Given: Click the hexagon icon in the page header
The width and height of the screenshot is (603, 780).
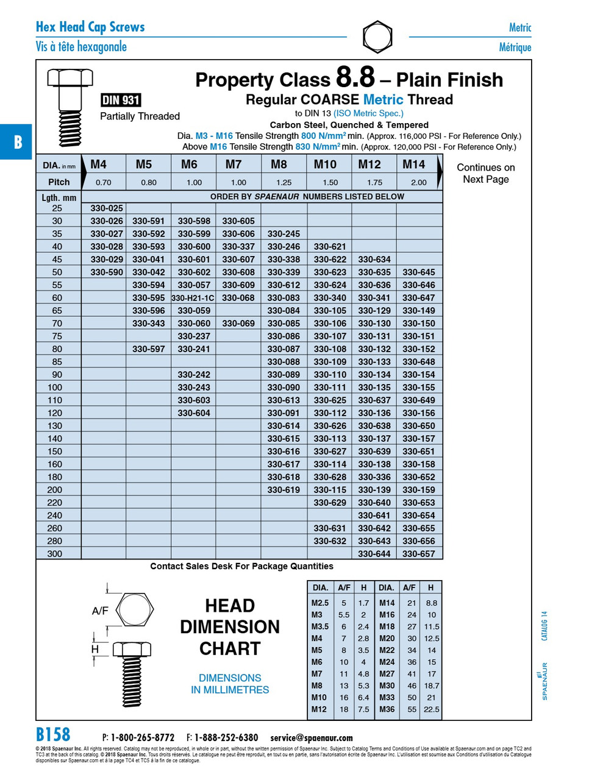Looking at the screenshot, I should [x=377, y=37].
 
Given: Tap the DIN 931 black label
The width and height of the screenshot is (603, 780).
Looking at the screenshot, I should [x=121, y=101].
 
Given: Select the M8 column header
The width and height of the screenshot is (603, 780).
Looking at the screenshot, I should [x=279, y=165].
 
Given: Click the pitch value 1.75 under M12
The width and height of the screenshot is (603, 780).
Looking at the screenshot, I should [x=374, y=182].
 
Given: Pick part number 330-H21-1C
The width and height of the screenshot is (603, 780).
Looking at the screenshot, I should [x=193, y=298].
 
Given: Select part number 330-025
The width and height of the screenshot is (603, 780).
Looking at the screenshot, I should [x=107, y=208].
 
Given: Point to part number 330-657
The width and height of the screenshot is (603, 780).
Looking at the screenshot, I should [x=419, y=554].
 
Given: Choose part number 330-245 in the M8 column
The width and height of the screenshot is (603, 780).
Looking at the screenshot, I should [x=284, y=234].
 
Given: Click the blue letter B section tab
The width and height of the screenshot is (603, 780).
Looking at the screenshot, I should [x=17, y=142].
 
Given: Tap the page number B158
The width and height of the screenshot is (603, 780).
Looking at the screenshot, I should [x=53, y=735].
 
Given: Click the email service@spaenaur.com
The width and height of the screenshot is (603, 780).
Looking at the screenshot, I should [x=311, y=738].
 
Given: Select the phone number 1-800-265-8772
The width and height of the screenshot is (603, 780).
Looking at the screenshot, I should [x=142, y=738].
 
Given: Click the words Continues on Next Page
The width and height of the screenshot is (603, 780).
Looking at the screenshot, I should [x=485, y=173].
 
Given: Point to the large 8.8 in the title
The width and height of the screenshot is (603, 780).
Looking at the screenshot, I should [x=355, y=78].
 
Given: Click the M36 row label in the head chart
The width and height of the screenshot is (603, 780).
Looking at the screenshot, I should [x=387, y=709].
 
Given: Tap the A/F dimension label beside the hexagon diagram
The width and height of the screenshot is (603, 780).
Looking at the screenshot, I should [x=100, y=611].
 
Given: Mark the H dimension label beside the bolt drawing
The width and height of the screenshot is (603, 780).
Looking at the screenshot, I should [x=95, y=650].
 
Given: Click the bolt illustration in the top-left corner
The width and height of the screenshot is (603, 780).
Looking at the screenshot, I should [x=70, y=107].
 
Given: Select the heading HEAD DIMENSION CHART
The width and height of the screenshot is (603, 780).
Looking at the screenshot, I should [x=230, y=627].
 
